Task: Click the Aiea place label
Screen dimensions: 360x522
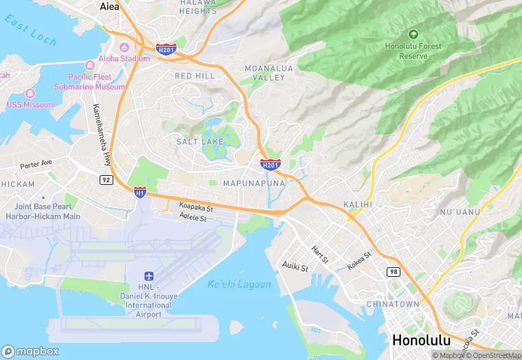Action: coord(109,7)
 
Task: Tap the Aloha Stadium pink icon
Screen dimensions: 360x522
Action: coord(124,47)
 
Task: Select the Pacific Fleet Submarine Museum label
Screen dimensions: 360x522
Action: coord(96,82)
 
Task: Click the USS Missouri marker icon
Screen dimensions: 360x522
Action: coord(30,93)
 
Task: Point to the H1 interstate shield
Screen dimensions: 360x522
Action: coord(139,192)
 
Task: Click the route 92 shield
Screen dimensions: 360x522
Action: coord(106,180)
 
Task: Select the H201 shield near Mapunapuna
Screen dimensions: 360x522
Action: coord(270,164)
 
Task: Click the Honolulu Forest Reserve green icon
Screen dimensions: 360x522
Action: coord(413,33)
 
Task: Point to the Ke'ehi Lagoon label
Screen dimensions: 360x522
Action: coord(239,284)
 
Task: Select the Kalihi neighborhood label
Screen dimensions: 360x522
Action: coord(357,205)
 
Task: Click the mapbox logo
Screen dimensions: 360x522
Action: coord(30,351)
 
